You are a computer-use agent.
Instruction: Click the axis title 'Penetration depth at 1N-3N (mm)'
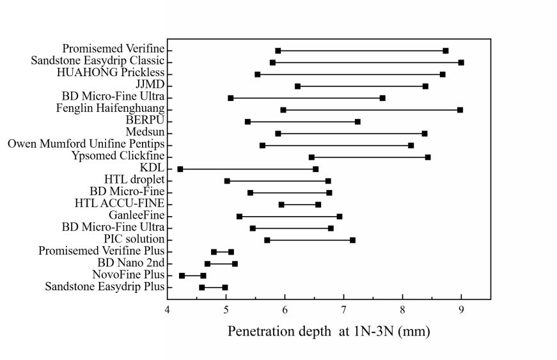(329, 333)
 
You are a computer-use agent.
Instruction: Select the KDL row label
(152, 168)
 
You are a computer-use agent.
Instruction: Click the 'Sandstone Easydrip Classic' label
(98, 61)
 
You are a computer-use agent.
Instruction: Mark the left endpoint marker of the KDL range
(180, 169)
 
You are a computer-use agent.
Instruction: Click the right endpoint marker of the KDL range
(315, 169)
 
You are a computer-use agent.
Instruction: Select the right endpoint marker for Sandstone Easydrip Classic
(461, 62)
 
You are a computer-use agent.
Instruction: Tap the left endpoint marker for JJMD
(297, 86)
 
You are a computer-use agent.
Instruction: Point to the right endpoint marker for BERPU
(357, 121)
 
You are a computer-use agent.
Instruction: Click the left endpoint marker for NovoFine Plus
(182, 276)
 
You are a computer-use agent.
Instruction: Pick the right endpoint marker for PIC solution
(352, 240)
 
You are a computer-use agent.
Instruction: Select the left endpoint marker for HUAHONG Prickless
(257, 74)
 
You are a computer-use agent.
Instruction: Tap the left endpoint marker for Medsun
(278, 133)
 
